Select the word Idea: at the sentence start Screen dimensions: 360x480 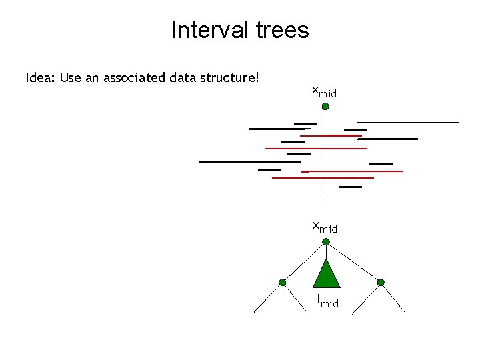(x=40, y=78)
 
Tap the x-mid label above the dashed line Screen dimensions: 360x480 (x=324, y=92)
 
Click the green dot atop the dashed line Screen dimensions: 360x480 (x=325, y=107)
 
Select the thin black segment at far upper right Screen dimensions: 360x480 (x=408, y=123)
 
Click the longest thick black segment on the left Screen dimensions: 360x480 (x=249, y=161)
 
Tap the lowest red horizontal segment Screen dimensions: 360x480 (x=323, y=178)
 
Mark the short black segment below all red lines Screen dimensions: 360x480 (x=351, y=187)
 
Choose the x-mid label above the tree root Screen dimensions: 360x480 (x=325, y=227)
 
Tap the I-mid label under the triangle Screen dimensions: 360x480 (x=327, y=301)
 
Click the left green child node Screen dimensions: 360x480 (x=283, y=283)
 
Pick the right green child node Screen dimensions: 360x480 (x=381, y=283)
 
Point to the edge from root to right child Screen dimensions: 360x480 (x=353, y=261)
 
